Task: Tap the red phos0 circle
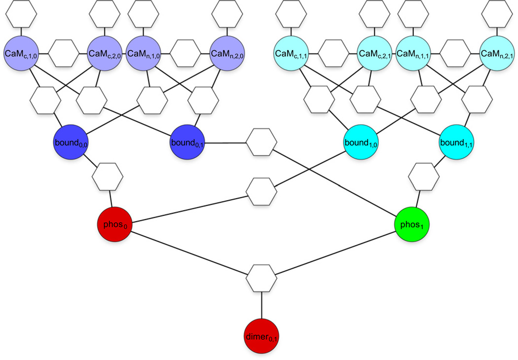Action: pos(116,224)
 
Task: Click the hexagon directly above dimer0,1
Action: pos(261,278)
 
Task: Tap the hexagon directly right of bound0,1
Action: pos(261,144)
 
